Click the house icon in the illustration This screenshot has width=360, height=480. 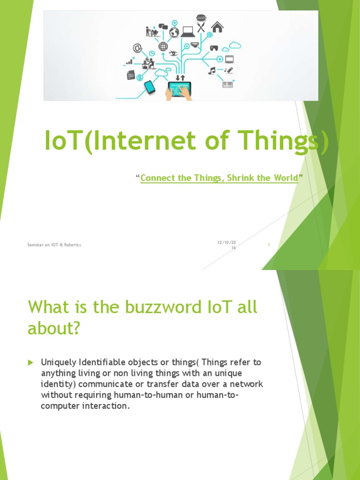(217, 27)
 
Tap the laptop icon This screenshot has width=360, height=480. (188, 32)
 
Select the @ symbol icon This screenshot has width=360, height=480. (137, 48)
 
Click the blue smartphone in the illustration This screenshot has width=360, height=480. (150, 87)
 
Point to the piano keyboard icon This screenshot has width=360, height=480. (228, 83)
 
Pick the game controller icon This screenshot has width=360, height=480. (214, 48)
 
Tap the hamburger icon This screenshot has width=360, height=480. (201, 17)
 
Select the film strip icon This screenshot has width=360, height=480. (230, 59)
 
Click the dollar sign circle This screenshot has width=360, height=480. (140, 77)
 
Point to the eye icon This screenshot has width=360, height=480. (173, 53)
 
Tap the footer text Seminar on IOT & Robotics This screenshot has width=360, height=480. (54, 245)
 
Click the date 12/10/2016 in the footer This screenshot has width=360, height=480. (227, 245)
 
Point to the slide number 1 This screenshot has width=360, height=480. (269, 245)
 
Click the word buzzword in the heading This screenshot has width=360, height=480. (163, 307)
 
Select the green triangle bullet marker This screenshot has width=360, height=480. (30, 363)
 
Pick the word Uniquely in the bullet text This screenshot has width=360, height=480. (59, 363)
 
